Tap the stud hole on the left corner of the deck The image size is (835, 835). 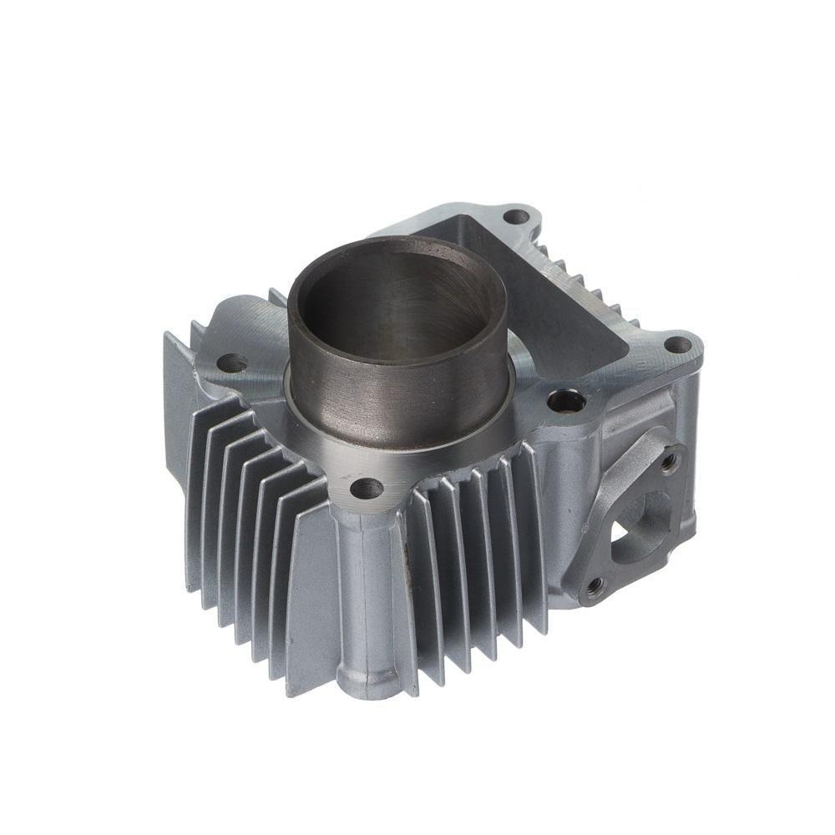231,363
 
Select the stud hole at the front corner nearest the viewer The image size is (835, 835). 366,488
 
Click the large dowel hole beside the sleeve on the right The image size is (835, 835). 566,401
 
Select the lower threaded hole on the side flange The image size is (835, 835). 594,586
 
